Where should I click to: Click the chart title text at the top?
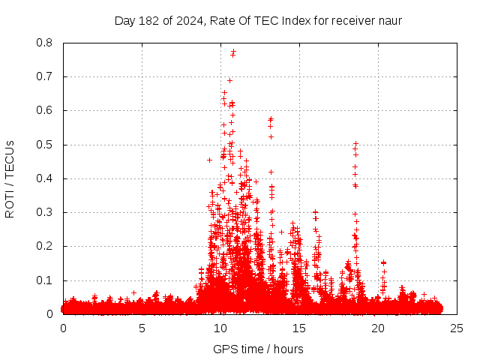pyautogui.click(x=258, y=20)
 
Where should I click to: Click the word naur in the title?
pyautogui.click(x=389, y=20)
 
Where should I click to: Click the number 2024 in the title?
pyautogui.click(x=190, y=20)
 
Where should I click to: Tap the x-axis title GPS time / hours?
pyautogui.click(x=258, y=349)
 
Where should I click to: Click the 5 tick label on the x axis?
pyautogui.click(x=142, y=328)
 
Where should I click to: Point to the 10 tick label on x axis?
pyautogui.click(x=220, y=328)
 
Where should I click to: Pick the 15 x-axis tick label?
pyautogui.click(x=299, y=328)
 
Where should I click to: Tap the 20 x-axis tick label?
pyautogui.click(x=378, y=328)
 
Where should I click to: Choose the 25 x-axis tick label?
pyautogui.click(x=457, y=328)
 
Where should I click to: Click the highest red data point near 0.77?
pyautogui.click(x=233, y=52)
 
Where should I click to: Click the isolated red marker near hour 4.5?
pyautogui.click(x=133, y=292)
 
